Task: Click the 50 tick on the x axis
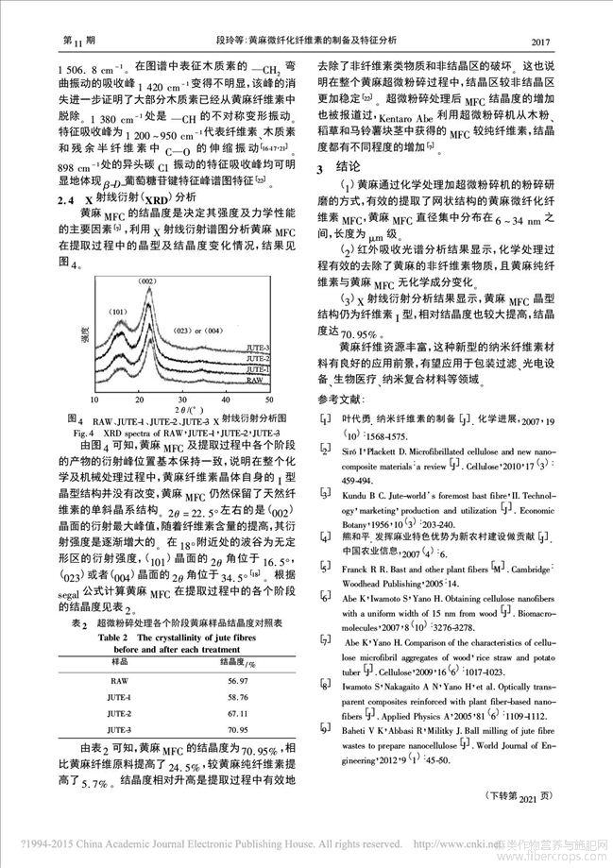click(x=248, y=401)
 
